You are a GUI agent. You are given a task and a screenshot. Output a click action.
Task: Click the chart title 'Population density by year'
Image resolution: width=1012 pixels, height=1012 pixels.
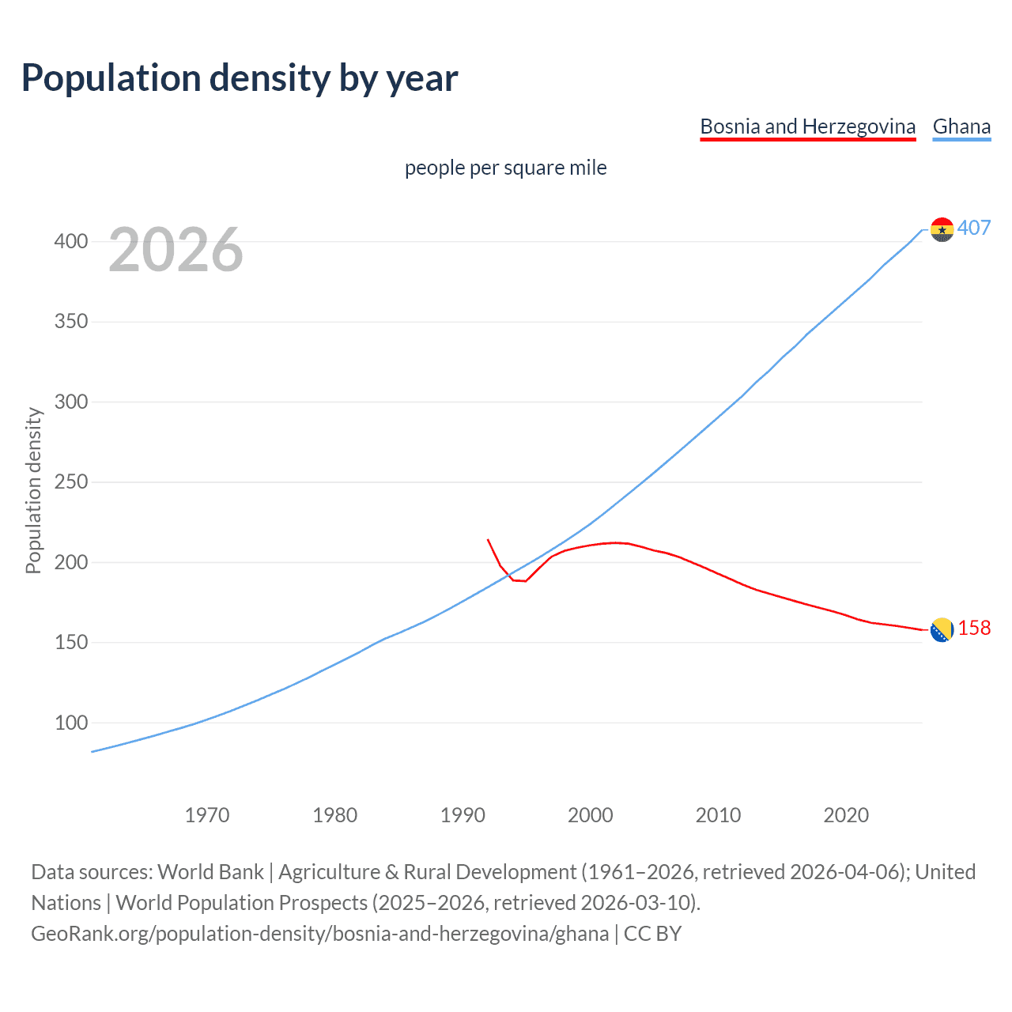(x=240, y=78)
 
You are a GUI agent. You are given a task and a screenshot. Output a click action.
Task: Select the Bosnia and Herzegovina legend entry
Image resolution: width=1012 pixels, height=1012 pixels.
(x=807, y=126)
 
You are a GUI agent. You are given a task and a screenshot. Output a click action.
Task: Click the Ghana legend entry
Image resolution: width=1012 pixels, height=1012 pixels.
(x=961, y=126)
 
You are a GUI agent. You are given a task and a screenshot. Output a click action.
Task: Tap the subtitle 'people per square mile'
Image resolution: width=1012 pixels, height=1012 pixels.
(x=505, y=168)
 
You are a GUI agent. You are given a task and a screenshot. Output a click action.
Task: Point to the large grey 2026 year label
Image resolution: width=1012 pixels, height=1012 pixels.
(x=176, y=250)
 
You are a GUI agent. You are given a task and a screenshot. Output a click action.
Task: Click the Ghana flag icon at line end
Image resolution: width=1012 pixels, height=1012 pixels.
(x=942, y=229)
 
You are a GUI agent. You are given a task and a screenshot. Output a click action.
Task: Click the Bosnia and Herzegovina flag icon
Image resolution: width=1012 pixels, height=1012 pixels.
(x=941, y=630)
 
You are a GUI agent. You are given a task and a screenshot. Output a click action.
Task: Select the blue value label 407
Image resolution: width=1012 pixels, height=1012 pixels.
(x=974, y=228)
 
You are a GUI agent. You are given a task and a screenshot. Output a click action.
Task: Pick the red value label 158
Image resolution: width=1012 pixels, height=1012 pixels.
(x=974, y=628)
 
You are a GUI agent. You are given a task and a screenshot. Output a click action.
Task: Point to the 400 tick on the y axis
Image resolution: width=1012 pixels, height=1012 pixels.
(x=71, y=241)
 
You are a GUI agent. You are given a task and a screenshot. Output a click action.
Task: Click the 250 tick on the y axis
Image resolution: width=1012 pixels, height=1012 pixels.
(x=71, y=482)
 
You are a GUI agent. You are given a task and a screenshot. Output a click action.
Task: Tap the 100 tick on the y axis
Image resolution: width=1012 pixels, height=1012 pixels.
(x=71, y=723)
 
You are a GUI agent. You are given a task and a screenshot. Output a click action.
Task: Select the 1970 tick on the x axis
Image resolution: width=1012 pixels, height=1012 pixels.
(x=207, y=814)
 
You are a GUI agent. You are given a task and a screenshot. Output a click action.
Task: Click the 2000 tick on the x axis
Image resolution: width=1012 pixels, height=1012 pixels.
(x=590, y=814)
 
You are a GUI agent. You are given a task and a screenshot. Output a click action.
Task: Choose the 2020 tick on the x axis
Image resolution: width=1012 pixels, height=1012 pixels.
(x=846, y=814)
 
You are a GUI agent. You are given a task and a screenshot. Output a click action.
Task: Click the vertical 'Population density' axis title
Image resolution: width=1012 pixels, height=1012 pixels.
(x=33, y=490)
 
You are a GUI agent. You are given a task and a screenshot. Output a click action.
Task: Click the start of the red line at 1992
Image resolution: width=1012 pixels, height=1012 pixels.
(x=488, y=540)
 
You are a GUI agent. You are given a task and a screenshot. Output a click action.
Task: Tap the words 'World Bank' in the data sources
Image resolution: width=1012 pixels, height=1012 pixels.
(x=210, y=872)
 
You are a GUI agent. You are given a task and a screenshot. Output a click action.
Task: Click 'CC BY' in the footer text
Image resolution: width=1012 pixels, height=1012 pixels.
(x=652, y=934)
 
